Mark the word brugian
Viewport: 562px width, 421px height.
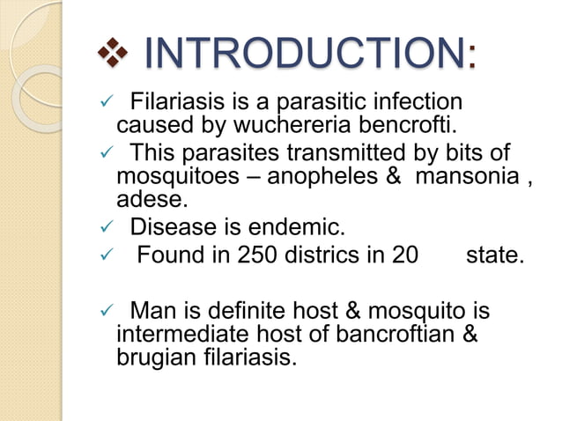click(151, 358)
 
